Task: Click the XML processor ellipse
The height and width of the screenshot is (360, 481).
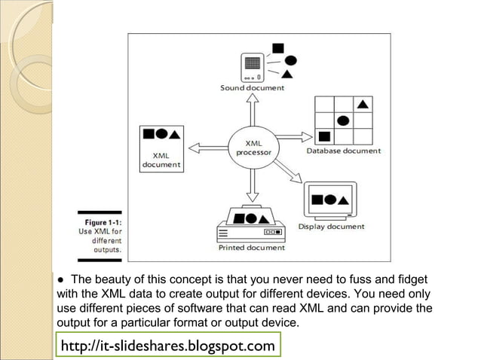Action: [x=253, y=146]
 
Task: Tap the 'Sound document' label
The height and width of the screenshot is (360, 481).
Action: [x=252, y=88]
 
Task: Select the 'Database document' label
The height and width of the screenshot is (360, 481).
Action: [x=344, y=151]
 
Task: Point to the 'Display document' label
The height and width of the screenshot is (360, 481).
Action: [x=331, y=226]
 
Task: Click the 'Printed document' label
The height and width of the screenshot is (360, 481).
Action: [x=252, y=247]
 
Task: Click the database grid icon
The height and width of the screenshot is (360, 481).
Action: [x=344, y=120]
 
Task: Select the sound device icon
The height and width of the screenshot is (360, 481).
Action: [x=253, y=67]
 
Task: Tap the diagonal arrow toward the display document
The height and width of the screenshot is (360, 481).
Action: [x=290, y=172]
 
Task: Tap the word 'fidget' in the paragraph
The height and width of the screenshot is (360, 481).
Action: [x=412, y=279]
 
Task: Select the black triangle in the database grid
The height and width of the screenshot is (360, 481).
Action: [x=363, y=103]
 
